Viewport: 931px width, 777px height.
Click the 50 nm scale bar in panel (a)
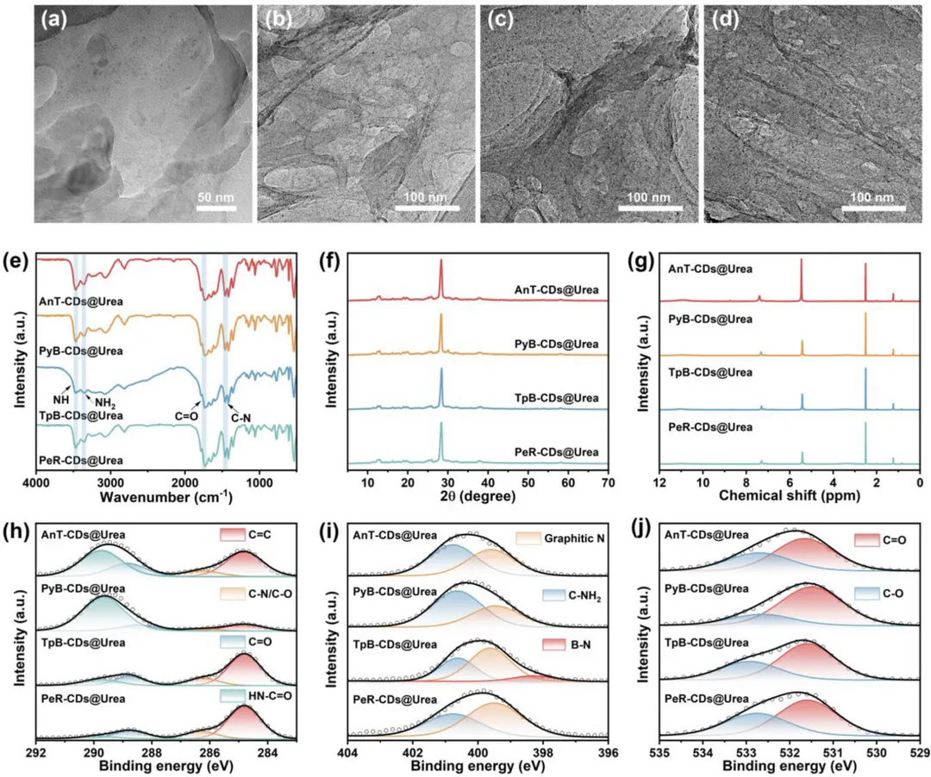click(x=216, y=208)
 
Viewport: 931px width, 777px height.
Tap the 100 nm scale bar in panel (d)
click(x=873, y=208)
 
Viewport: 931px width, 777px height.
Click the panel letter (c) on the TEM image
click(x=500, y=20)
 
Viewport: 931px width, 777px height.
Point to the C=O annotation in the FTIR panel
click(x=186, y=416)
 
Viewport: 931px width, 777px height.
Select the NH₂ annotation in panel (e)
click(x=105, y=403)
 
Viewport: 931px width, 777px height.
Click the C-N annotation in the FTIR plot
click(x=241, y=418)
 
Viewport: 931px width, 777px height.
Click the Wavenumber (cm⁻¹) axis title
click(x=166, y=496)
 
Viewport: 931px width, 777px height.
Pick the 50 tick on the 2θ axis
click(x=528, y=482)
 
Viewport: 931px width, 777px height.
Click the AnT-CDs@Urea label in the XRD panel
click(x=556, y=290)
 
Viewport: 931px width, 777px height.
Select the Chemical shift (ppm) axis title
click(x=789, y=495)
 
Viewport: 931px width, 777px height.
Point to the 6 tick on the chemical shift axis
click(x=790, y=482)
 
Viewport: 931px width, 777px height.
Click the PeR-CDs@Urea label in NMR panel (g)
click(x=710, y=427)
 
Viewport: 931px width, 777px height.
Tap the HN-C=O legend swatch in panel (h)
click(x=232, y=696)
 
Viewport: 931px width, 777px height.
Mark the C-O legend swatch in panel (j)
click(x=867, y=594)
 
